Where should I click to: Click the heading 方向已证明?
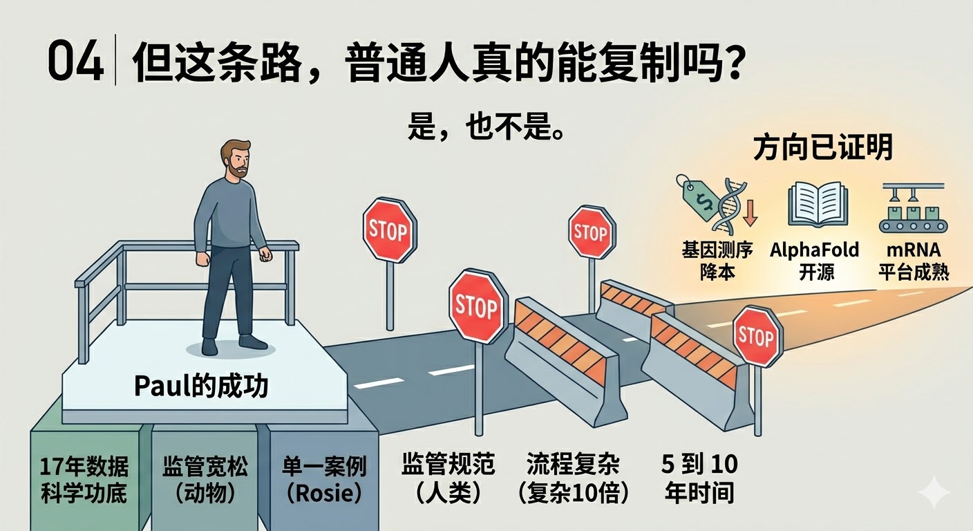pyautogui.click(x=822, y=148)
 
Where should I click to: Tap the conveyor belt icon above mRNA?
pyautogui.click(x=912, y=208)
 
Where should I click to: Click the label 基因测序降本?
pyautogui.click(x=717, y=260)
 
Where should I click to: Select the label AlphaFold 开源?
pyautogui.click(x=815, y=260)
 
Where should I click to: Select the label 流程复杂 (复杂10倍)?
pyautogui.click(x=573, y=478)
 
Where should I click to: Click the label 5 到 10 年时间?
pyautogui.click(x=700, y=478)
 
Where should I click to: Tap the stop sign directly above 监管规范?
pyautogui.click(x=478, y=306)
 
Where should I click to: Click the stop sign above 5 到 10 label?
pyautogui.click(x=757, y=337)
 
